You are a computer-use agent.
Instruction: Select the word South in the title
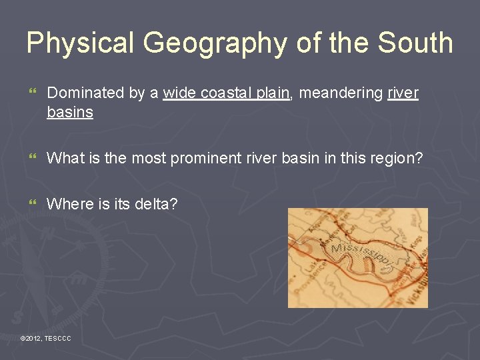(415, 43)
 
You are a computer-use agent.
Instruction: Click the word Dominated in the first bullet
(86, 93)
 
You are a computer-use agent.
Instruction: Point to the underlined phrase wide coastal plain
(227, 93)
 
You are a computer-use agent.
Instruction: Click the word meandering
(341, 93)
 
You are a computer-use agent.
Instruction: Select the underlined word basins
(70, 112)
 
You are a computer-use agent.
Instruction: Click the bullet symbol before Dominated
(32, 93)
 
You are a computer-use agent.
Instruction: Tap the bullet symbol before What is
(32, 158)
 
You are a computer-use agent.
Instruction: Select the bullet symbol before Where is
(32, 203)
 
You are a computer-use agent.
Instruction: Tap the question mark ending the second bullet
(419, 158)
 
